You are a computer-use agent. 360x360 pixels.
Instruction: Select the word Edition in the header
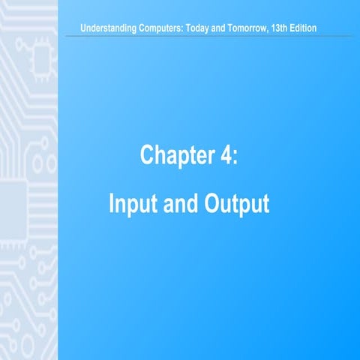pos(319,28)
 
